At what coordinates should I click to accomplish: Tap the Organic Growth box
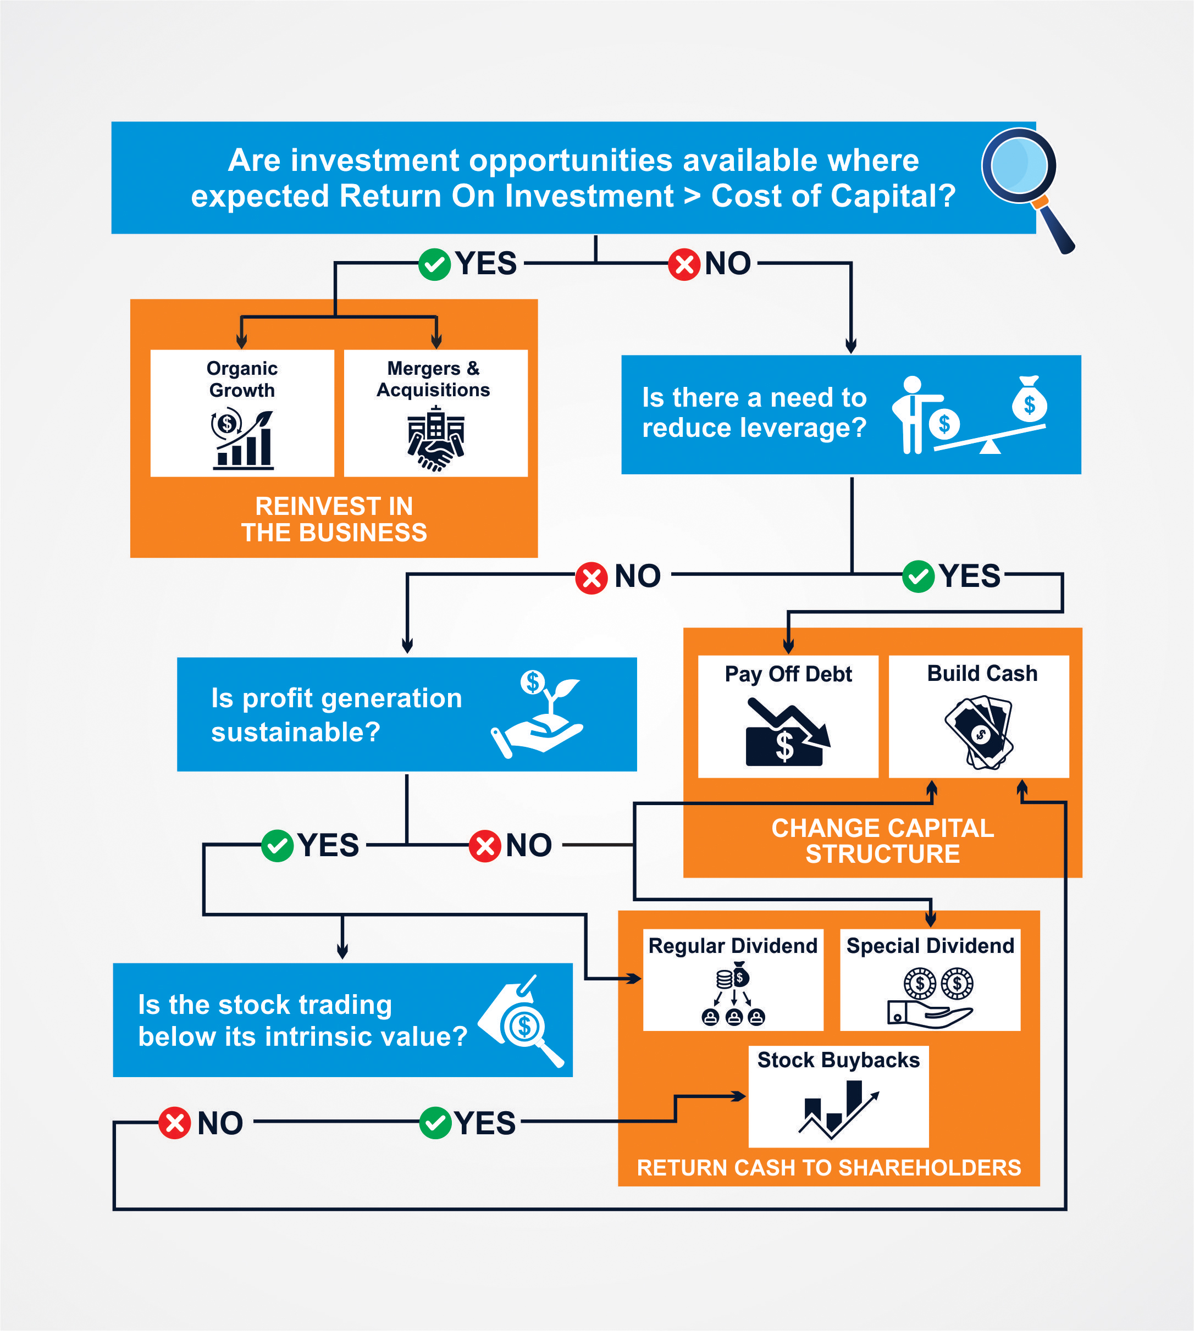(242, 413)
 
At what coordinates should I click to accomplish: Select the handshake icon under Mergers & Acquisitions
(435, 439)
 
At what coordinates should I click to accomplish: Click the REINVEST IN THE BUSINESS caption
(334, 519)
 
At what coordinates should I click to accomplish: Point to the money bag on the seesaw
(1029, 401)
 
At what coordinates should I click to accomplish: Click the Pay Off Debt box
(788, 716)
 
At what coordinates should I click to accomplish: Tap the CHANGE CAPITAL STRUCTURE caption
(882, 841)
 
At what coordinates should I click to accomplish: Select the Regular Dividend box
(733, 979)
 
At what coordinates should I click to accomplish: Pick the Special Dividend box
(930, 979)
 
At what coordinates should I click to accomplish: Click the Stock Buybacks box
(838, 1096)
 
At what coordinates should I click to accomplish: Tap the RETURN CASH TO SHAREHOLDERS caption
(828, 1167)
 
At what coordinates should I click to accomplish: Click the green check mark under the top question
(434, 264)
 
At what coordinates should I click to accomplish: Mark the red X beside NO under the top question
(684, 264)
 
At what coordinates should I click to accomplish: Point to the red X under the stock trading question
(174, 1123)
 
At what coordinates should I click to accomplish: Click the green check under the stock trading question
(435, 1123)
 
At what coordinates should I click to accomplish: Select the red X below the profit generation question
(485, 846)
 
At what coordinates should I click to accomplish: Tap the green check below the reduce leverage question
(918, 577)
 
